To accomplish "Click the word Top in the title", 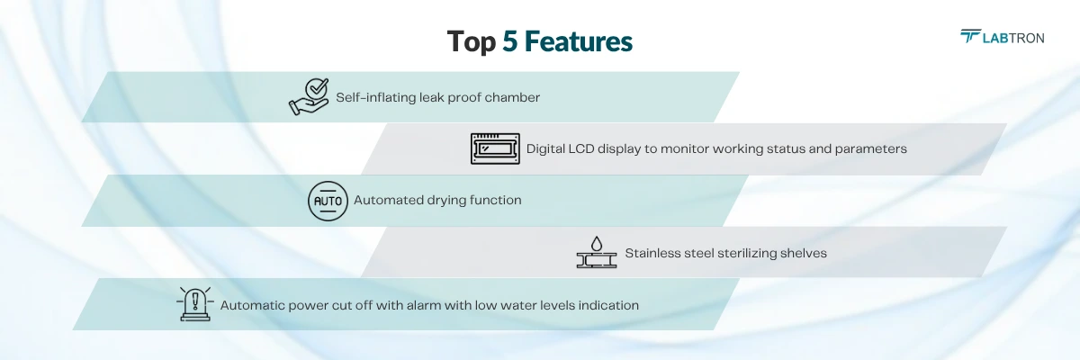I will [472, 42].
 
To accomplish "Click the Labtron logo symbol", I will [971, 36].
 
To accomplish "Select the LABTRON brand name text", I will [1015, 37].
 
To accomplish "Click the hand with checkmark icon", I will [309, 96].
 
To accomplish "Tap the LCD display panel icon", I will [495, 148].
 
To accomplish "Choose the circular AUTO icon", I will [327, 201].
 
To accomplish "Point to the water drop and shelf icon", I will [596, 253].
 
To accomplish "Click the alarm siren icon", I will [194, 304].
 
